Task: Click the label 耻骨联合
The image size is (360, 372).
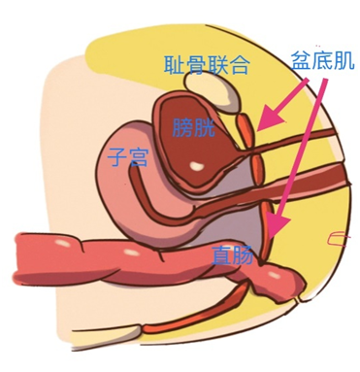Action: pos(208,65)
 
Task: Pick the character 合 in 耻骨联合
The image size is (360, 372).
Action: pos(241,65)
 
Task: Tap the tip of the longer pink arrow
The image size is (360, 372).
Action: pos(275,234)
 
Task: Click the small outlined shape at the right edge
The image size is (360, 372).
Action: pos(338,237)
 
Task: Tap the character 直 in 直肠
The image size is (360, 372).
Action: pos(221,256)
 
